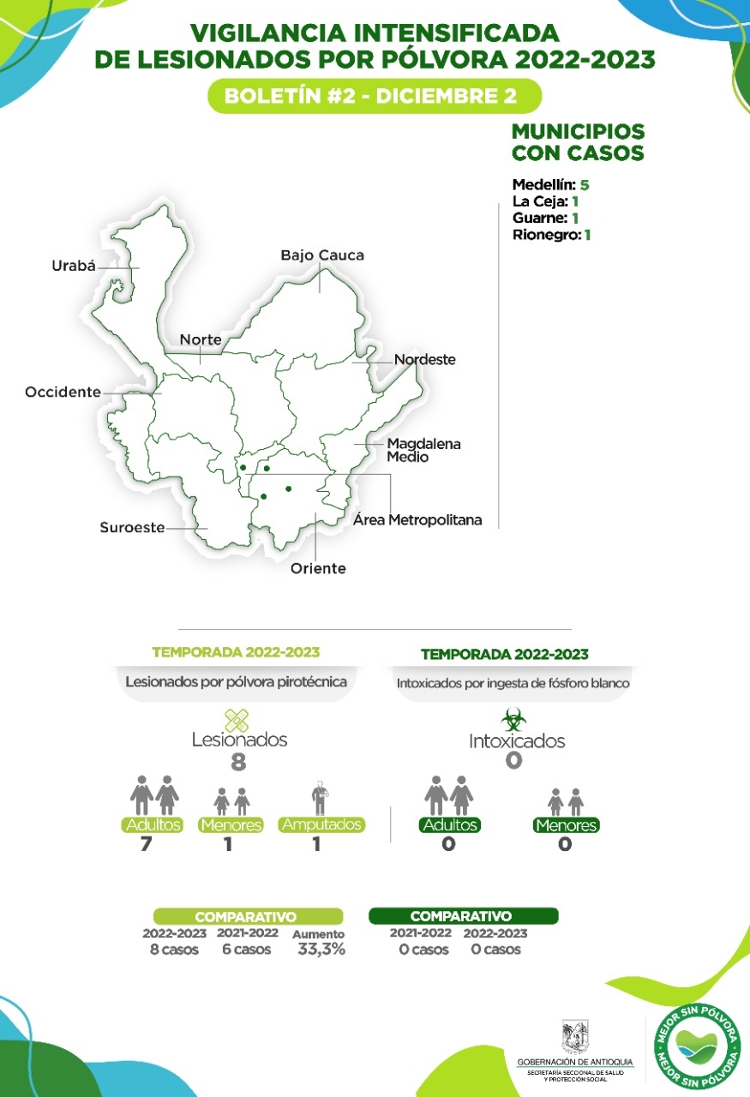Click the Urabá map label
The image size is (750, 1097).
click(72, 267)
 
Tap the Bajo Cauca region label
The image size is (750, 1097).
click(322, 255)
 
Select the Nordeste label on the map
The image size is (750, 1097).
click(424, 360)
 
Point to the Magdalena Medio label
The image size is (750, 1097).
click(423, 451)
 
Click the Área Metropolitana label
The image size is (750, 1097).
click(417, 520)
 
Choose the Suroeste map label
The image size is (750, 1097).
click(132, 528)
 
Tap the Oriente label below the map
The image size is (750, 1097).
click(318, 568)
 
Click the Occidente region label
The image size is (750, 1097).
click(63, 393)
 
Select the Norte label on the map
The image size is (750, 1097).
click(201, 340)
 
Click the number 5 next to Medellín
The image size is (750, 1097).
click(585, 185)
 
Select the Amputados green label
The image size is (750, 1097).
click(321, 825)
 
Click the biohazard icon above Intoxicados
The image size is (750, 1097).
click(513, 718)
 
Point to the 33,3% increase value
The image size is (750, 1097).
click(321, 950)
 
